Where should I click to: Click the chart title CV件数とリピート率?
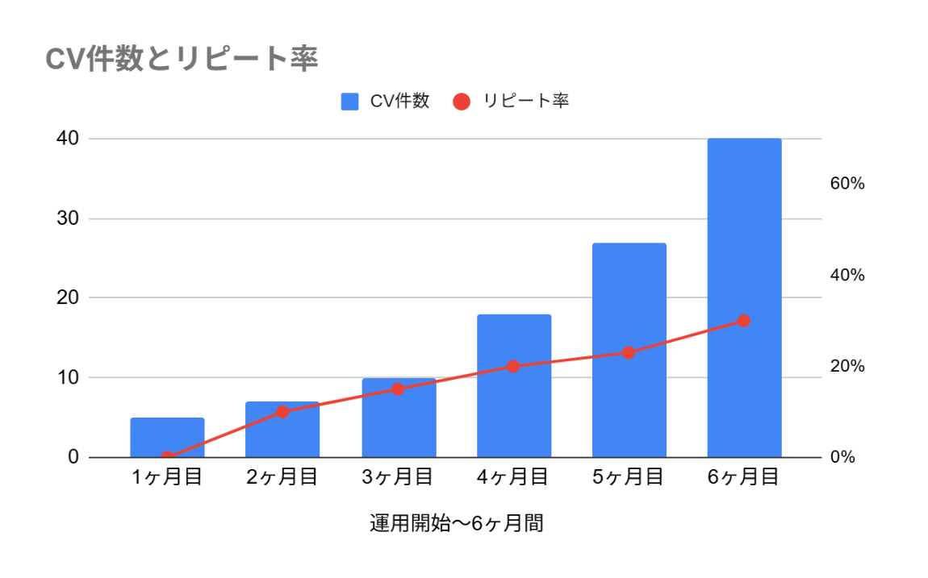[182, 59]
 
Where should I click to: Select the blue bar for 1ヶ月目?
[167, 437]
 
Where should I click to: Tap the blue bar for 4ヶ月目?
[513, 386]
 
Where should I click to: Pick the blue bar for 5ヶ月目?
[629, 350]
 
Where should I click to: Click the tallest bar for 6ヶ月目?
[744, 298]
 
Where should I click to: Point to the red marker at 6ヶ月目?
[744, 321]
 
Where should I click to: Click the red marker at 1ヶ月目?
[167, 457]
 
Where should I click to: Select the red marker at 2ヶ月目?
[282, 412]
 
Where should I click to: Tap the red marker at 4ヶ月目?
[513, 366]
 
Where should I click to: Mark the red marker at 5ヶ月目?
[629, 352]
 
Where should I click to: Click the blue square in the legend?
[349, 102]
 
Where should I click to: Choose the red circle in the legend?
[462, 102]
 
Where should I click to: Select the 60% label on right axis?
[847, 184]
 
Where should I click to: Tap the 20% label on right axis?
[847, 366]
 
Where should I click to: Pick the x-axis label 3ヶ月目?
[398, 477]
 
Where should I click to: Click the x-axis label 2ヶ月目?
[282, 477]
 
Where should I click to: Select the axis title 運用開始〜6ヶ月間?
[456, 523]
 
